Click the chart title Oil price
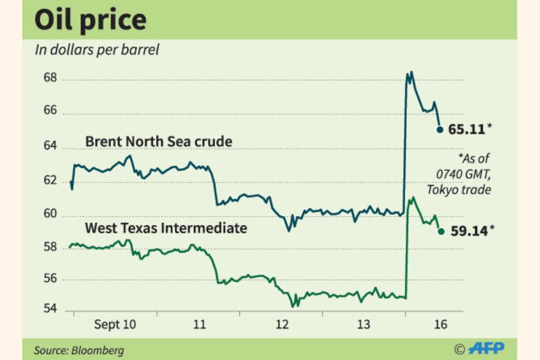[91, 20]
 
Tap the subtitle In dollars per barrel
[97, 50]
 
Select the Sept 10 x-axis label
[115, 325]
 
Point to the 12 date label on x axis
[281, 325]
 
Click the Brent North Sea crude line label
[158, 142]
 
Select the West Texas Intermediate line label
[166, 228]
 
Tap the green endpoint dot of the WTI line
[441, 231]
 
